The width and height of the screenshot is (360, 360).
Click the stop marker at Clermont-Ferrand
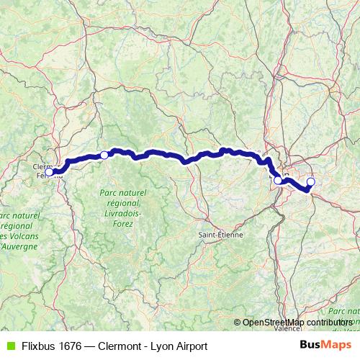pyautogui.click(x=49, y=171)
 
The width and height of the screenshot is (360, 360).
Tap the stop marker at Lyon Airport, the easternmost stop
pyautogui.click(x=311, y=181)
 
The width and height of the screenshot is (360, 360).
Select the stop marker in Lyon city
pyautogui.click(x=278, y=180)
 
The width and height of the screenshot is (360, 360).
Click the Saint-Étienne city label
pyautogui.click(x=222, y=235)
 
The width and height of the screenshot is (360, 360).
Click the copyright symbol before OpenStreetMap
pyautogui.click(x=238, y=322)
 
